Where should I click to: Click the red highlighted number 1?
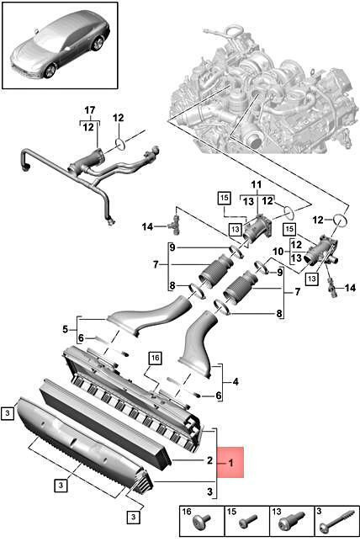[230, 463]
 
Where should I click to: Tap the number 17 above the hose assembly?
[90, 110]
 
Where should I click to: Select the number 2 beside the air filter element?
[209, 460]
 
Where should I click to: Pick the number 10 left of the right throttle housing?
[278, 251]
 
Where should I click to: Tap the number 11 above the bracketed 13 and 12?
[257, 184]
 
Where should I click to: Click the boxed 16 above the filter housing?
[156, 358]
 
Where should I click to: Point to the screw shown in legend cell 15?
[247, 523]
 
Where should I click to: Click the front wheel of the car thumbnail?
[50, 71]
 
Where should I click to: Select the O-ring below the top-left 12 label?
[119, 143]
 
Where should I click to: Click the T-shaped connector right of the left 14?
[175, 225]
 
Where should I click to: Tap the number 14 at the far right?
[350, 288]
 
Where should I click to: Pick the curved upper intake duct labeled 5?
[150, 316]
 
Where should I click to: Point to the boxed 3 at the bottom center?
[133, 517]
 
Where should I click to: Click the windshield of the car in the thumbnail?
[48, 38]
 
